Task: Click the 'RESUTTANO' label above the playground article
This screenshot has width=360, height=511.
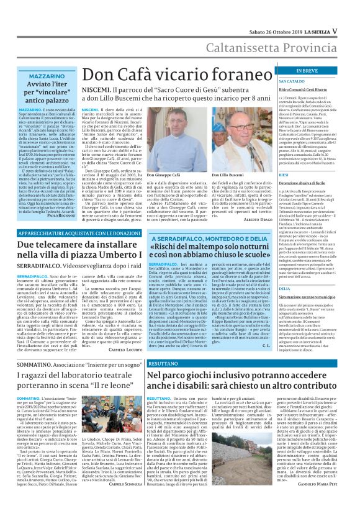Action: point(163,363)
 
